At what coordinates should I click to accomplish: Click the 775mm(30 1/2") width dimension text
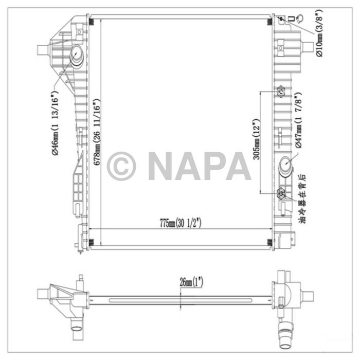point(179,223)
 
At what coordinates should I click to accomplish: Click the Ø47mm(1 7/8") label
point(299,121)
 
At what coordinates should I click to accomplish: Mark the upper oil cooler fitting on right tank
point(281,92)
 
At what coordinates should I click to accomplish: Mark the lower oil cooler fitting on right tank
point(281,194)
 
